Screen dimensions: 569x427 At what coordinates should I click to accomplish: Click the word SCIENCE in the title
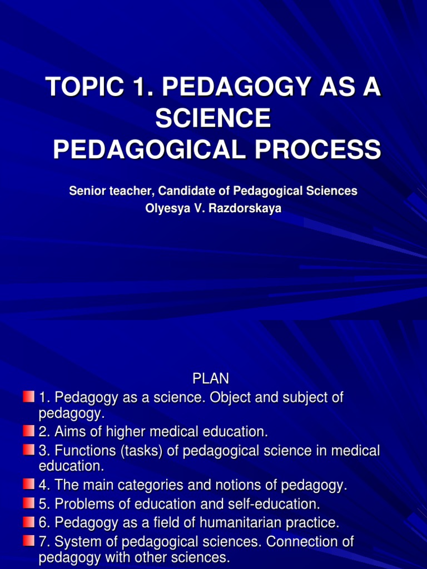tap(213, 118)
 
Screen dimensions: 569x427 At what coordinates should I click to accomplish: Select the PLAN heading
tap(211, 379)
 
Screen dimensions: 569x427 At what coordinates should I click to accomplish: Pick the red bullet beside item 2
tap(29, 431)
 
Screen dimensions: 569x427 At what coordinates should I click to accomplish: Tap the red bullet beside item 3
tap(29, 450)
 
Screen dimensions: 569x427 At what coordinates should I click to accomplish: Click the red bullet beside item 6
tap(29, 522)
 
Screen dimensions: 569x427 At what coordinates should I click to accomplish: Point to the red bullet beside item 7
tap(29, 540)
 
